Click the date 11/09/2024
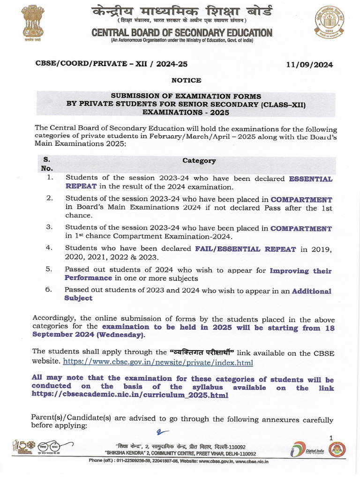tap(309, 65)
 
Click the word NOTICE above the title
tap(186, 80)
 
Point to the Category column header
tap(199, 161)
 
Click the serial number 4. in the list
tap(49, 248)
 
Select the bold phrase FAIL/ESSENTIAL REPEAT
tap(245, 249)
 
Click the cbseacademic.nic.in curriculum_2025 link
tap(130, 395)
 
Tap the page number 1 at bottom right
tap(330, 438)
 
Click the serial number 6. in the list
tap(48, 289)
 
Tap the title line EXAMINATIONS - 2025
tap(186, 112)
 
